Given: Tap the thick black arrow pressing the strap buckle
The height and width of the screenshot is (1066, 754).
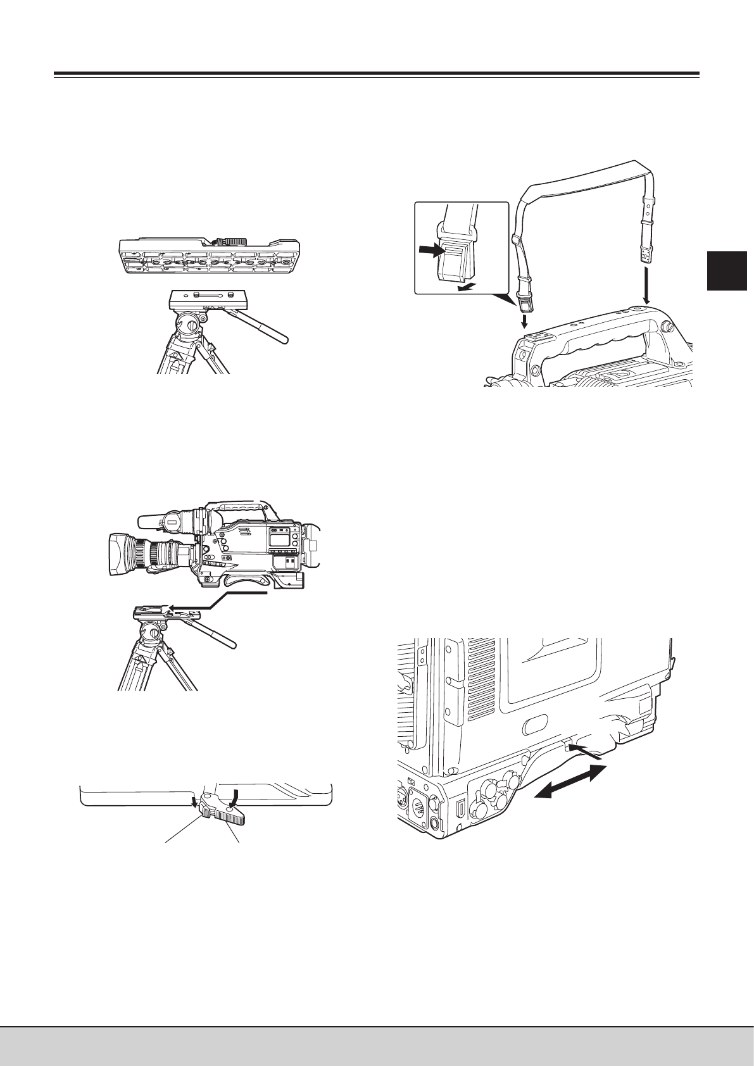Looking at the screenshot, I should click(x=433, y=251).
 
